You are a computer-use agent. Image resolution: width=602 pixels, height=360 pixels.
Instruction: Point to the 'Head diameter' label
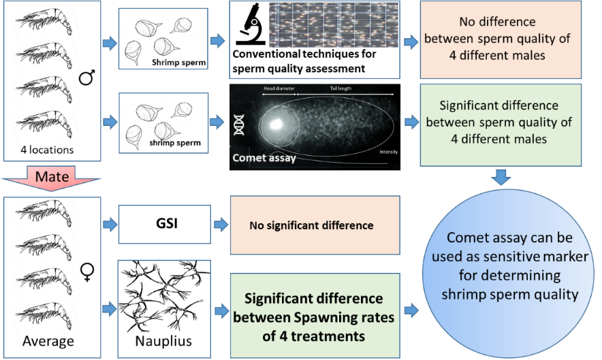[x=279, y=88]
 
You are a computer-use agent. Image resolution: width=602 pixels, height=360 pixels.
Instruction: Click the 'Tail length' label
[x=345, y=88]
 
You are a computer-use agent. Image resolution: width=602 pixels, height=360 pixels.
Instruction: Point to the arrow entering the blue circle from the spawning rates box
[x=411, y=310]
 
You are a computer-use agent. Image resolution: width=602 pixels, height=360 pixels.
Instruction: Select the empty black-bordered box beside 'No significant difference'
[x=164, y=224]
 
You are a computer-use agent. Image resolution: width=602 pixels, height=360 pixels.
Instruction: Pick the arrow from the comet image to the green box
[x=411, y=122]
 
